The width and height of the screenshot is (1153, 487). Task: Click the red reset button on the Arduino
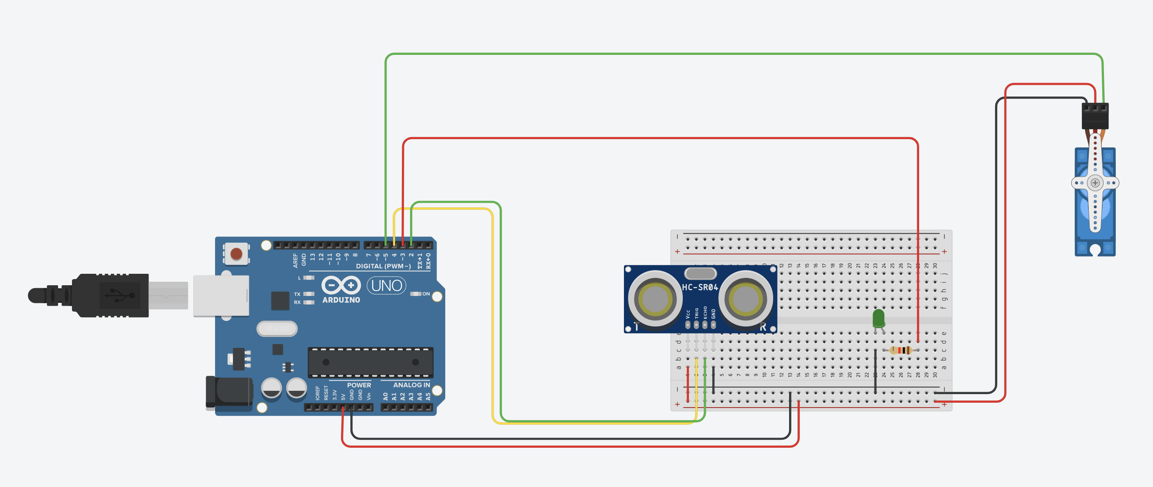point(236,254)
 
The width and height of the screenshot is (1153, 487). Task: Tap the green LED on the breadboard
point(878,318)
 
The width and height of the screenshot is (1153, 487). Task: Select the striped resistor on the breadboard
point(901,350)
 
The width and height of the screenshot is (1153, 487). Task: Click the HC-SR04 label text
point(700,287)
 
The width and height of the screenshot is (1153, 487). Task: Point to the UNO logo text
point(386,285)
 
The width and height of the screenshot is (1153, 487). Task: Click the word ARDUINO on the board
point(341,300)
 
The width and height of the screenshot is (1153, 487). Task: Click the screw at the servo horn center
point(1095,183)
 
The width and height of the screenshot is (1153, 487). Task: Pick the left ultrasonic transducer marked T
point(655,299)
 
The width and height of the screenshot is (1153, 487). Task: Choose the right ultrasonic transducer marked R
point(746,299)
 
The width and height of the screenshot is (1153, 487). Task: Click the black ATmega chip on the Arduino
point(370,362)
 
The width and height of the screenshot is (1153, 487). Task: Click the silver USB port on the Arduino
point(221,296)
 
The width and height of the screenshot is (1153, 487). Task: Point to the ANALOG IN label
point(411,385)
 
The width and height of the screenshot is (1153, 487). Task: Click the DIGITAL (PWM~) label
point(383,266)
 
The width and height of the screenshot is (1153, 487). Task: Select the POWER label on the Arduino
point(359,385)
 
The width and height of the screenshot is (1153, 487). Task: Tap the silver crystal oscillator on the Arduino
point(277,328)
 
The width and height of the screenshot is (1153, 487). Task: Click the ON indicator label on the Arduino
point(426,294)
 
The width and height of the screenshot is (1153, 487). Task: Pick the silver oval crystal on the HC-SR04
point(700,273)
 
